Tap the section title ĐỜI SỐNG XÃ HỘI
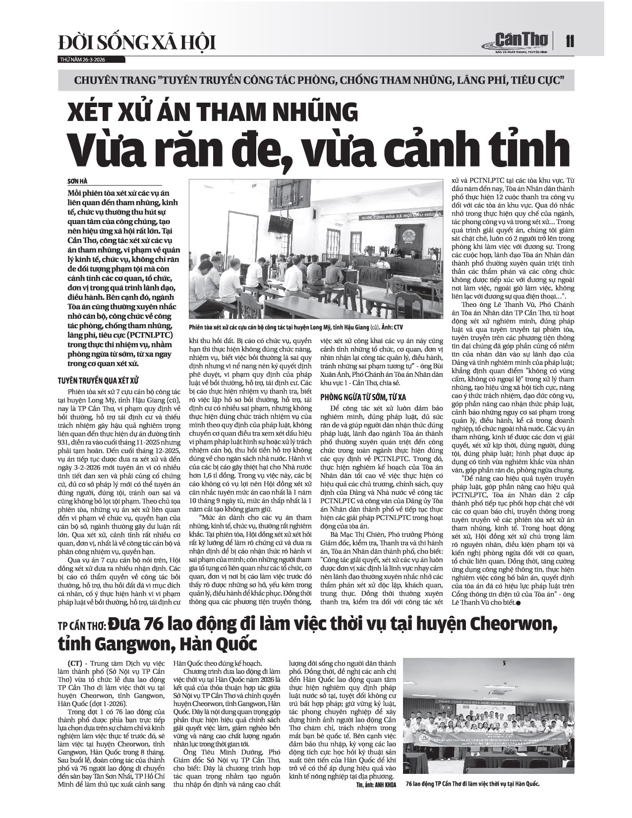tap(137, 43)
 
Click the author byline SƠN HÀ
tap(77, 181)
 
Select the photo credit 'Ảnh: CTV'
tap(394, 327)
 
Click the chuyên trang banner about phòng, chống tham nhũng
tap(316, 79)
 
